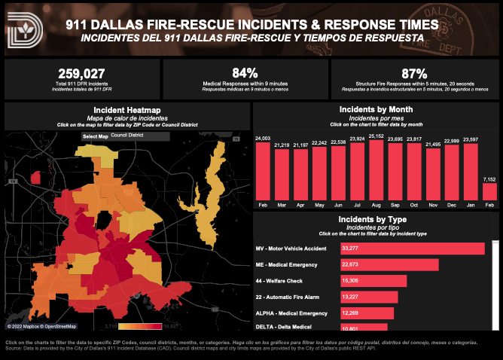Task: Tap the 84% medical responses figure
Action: click(245, 73)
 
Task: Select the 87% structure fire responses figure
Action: click(415, 73)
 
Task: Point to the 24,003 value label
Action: click(263, 138)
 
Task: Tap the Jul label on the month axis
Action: click(358, 204)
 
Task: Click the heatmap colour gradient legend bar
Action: click(139, 326)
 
